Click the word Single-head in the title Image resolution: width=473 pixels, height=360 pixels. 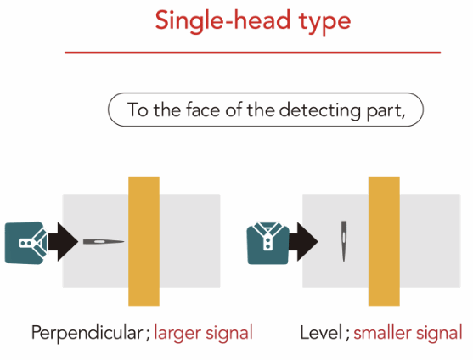[x=223, y=21]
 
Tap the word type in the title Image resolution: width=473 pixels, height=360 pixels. [x=325, y=23]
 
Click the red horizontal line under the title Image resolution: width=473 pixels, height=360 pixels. [x=253, y=53]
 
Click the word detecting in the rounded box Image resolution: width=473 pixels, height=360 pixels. [x=320, y=111]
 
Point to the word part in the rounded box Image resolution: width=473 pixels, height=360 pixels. [x=384, y=111]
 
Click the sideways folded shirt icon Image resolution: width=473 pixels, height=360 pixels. [x=26, y=243]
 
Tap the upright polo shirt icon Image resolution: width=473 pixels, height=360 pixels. [x=267, y=244]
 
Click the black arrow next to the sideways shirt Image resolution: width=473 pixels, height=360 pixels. [x=64, y=241]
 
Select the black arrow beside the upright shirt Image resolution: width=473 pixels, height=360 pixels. [x=303, y=241]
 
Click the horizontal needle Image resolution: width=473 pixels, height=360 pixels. [x=104, y=241]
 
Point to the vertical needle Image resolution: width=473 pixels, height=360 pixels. [x=344, y=241]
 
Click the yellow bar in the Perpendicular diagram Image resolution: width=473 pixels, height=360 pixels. [x=144, y=241]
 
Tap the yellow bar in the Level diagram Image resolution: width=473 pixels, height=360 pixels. [x=384, y=241]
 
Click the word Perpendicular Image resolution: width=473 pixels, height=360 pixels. [x=87, y=334]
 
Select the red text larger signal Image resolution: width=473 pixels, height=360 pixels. [x=203, y=334]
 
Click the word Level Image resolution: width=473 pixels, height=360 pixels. [x=321, y=332]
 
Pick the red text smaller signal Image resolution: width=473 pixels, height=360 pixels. [x=408, y=334]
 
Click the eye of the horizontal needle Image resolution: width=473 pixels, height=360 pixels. [x=99, y=241]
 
